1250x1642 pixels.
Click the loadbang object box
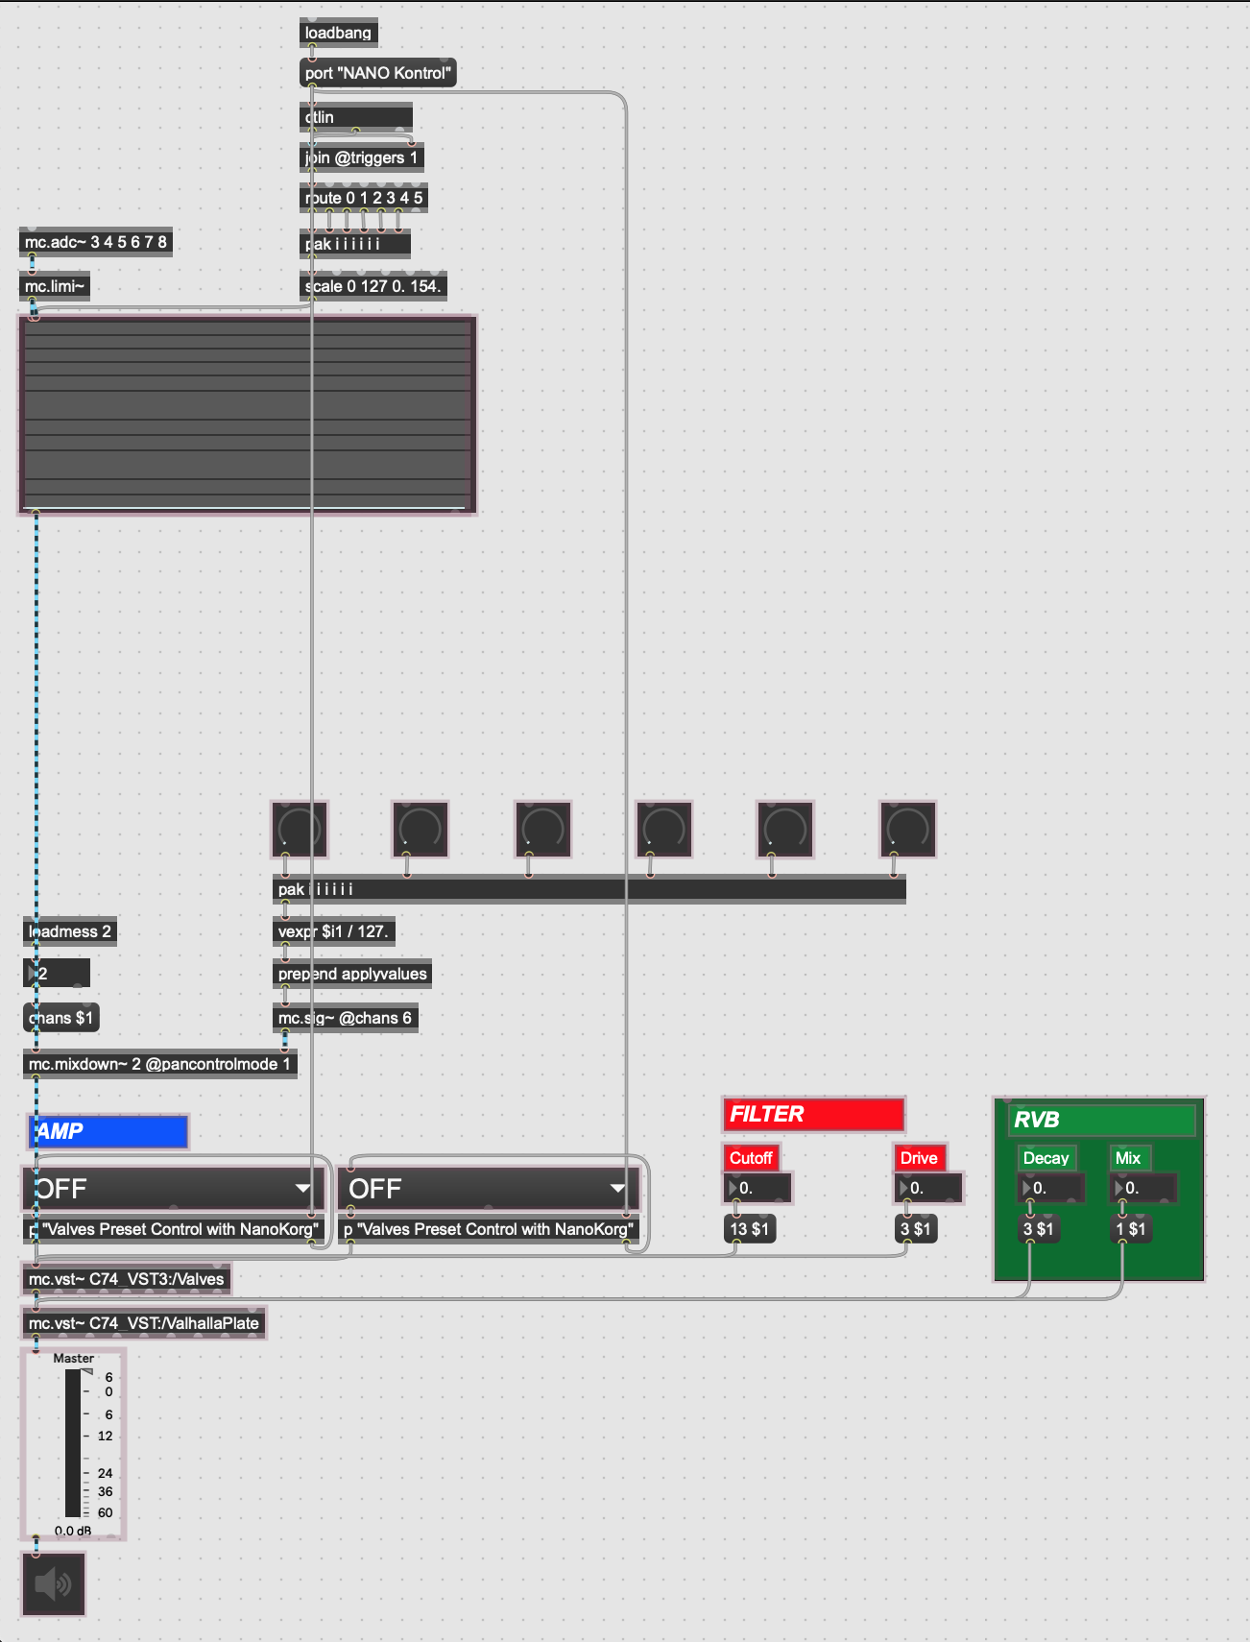pyautogui.click(x=338, y=33)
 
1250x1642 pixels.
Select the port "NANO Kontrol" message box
pyautogui.click(x=377, y=73)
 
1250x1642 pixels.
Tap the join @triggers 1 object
pyautogui.click(x=361, y=157)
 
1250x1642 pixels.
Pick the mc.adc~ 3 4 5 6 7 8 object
pyautogui.click(x=96, y=242)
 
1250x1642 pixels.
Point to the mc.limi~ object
pyautogui.click(x=55, y=286)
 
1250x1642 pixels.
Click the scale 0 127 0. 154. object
pyautogui.click(x=373, y=286)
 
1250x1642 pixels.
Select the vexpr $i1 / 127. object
pyautogui.click(x=333, y=931)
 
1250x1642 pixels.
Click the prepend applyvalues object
pyautogui.click(x=352, y=974)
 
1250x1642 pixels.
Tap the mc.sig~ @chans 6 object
pyautogui.click(x=345, y=1018)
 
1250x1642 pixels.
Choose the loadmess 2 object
pyautogui.click(x=70, y=931)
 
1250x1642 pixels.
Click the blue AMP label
pyautogui.click(x=108, y=1132)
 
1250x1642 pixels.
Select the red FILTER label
pyautogui.click(x=813, y=1114)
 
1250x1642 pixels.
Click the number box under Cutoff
pyautogui.click(x=757, y=1188)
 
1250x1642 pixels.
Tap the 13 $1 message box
pyautogui.click(x=749, y=1229)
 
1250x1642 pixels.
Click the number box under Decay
pyautogui.click(x=1051, y=1188)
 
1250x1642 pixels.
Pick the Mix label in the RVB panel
pyautogui.click(x=1128, y=1158)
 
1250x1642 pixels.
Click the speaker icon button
pyautogui.click(x=54, y=1583)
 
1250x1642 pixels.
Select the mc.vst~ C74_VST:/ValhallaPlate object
pyautogui.click(x=144, y=1323)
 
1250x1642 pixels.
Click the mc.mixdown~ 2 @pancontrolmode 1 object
pyautogui.click(x=159, y=1064)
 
